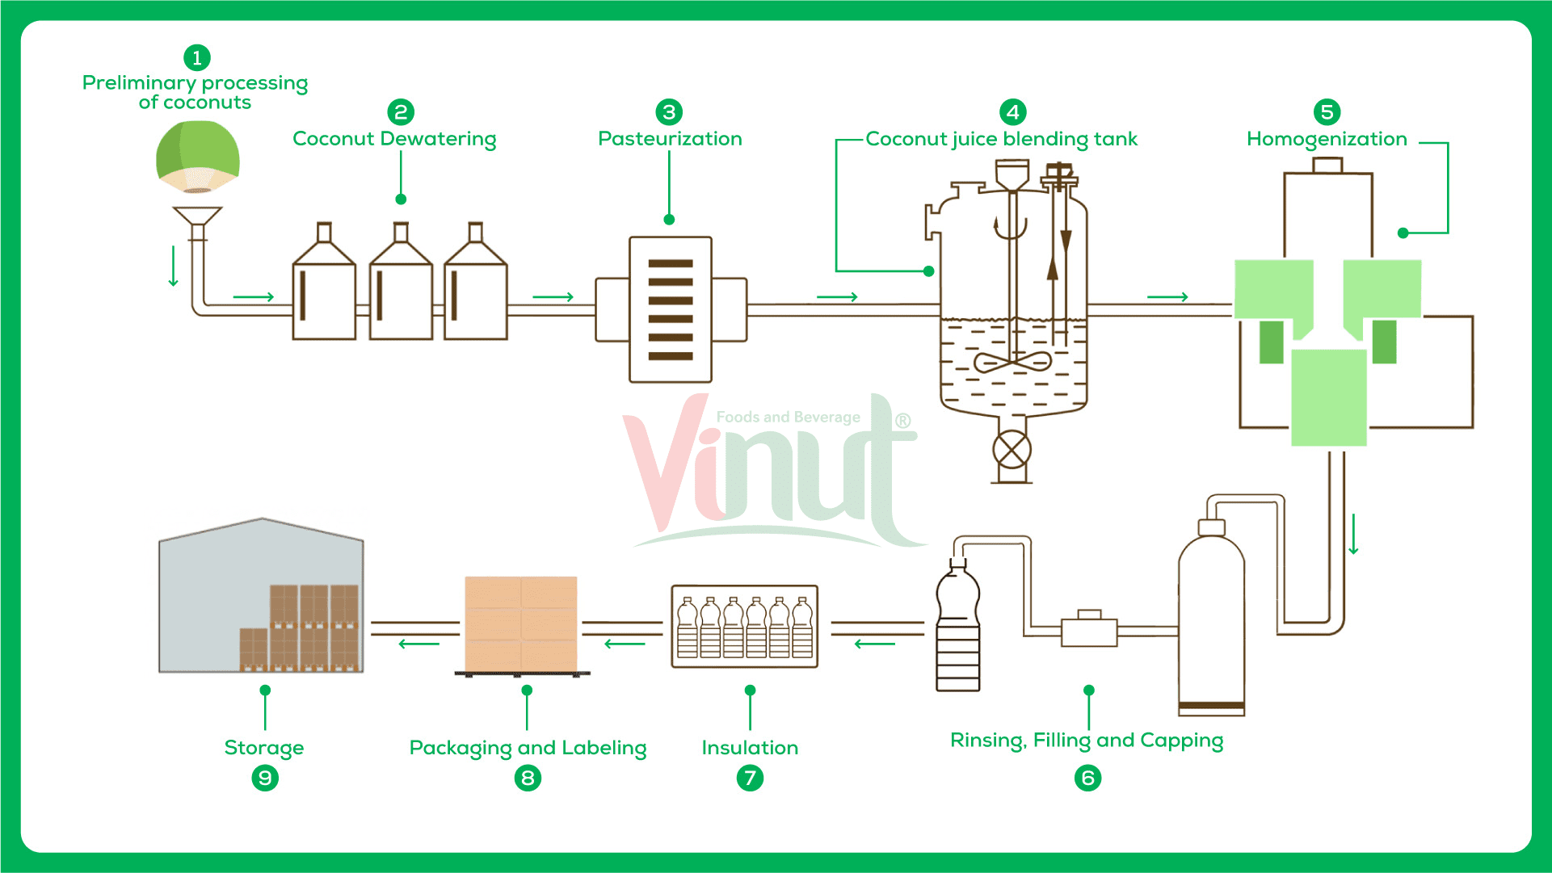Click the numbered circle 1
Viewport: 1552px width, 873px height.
pyautogui.click(x=197, y=58)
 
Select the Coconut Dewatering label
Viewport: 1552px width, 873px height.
pyautogui.click(x=394, y=139)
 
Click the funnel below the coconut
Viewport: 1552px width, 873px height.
pyautogui.click(x=197, y=217)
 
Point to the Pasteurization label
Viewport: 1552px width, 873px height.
pyautogui.click(x=670, y=139)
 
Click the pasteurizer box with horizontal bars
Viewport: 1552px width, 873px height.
pyautogui.click(x=670, y=308)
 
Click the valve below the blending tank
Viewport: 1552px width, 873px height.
pyautogui.click(x=1012, y=450)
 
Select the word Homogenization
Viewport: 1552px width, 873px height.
pyautogui.click(x=1327, y=139)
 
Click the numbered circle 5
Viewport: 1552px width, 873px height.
pyautogui.click(x=1327, y=112)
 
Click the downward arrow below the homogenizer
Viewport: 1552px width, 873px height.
pyautogui.click(x=1353, y=534)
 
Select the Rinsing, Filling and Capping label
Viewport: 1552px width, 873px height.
pyautogui.click(x=1087, y=741)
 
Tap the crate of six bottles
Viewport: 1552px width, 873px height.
pyautogui.click(x=744, y=627)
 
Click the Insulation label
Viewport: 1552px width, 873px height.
pyautogui.click(x=750, y=748)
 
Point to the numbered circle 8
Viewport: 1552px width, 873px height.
pyautogui.click(x=528, y=778)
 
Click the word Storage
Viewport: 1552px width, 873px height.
pyautogui.click(x=264, y=748)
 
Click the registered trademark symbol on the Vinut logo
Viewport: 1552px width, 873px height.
pyautogui.click(x=902, y=421)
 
